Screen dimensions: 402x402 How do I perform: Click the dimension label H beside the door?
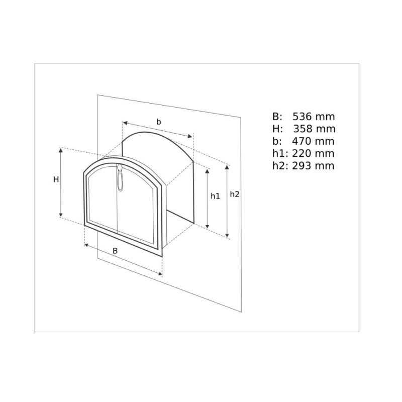point(56,179)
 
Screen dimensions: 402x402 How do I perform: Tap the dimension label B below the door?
point(115,251)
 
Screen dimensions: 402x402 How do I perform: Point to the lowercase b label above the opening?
point(159,122)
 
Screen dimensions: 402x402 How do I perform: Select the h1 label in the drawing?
point(216,196)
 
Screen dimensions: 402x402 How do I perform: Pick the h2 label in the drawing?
point(234,194)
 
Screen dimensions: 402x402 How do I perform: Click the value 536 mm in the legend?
point(314,117)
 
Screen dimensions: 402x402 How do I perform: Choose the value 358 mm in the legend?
point(315,129)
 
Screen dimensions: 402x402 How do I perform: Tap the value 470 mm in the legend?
point(313,141)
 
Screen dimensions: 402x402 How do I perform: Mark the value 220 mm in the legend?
point(313,153)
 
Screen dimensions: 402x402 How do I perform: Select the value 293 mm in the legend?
point(313,166)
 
